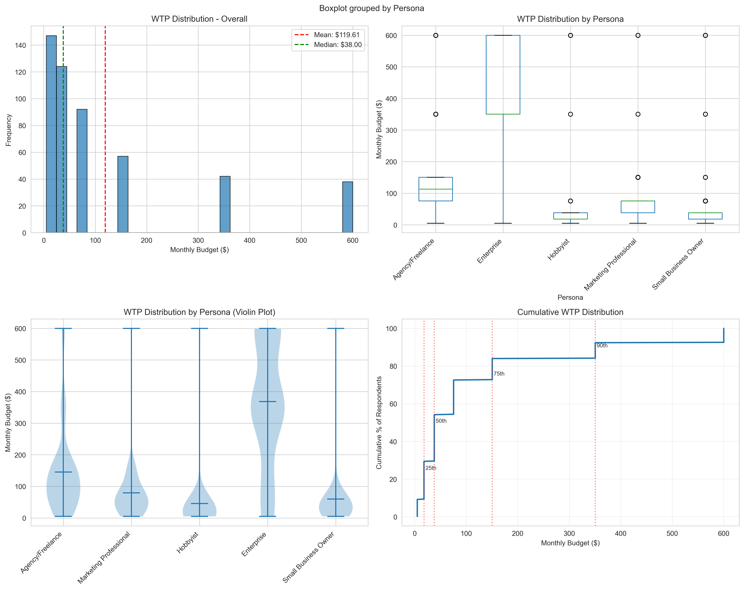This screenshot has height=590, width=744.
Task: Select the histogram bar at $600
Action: pyautogui.click(x=347, y=207)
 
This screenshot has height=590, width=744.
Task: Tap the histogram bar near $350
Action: pyautogui.click(x=225, y=204)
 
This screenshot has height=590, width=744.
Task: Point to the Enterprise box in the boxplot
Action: pyautogui.click(x=503, y=75)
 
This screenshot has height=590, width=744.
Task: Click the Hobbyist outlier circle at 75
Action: pyautogui.click(x=570, y=201)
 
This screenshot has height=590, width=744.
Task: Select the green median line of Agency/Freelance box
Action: pyautogui.click(x=436, y=189)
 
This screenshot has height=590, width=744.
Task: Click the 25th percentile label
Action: pyautogui.click(x=431, y=468)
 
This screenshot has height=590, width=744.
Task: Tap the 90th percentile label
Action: pyautogui.click(x=602, y=346)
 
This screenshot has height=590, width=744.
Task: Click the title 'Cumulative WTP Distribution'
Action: pyautogui.click(x=570, y=312)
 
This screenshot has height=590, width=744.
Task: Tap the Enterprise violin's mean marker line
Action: pyautogui.click(x=267, y=402)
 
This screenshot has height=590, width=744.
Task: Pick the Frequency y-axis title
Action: pyautogui.click(x=9, y=130)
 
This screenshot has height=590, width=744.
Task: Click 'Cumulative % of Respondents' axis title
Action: pyautogui.click(x=379, y=423)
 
